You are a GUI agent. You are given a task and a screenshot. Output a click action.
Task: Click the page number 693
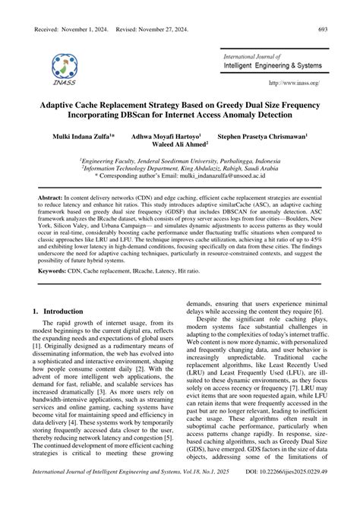[339, 28]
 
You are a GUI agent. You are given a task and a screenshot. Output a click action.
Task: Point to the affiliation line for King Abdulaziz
[179, 168]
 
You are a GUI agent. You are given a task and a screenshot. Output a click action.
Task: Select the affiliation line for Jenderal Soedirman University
[179, 160]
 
